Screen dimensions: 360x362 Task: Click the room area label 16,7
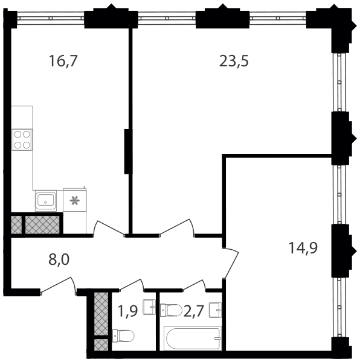(x=63, y=62)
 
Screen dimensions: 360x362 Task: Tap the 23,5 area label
(x=234, y=62)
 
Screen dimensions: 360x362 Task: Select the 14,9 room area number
(x=303, y=248)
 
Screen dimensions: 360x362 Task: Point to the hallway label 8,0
(x=59, y=259)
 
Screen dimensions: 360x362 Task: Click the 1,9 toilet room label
(x=127, y=311)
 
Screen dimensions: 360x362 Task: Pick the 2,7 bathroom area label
(x=194, y=311)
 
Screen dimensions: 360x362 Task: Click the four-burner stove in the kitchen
(x=22, y=140)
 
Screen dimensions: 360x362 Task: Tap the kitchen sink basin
(x=46, y=201)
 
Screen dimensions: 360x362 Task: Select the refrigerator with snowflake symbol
(x=75, y=200)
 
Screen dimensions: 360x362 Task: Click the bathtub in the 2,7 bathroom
(x=193, y=338)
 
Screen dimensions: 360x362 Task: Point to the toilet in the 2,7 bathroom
(x=171, y=310)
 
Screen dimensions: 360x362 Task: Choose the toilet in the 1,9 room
(x=123, y=336)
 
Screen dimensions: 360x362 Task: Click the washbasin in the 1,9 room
(x=149, y=307)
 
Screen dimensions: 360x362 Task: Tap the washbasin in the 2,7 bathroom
(x=216, y=310)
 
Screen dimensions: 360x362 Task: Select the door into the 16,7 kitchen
(x=109, y=228)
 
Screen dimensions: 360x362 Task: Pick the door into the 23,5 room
(x=177, y=227)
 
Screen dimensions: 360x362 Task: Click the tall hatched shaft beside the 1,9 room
(x=101, y=314)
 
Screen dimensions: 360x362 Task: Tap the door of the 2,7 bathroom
(x=194, y=284)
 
